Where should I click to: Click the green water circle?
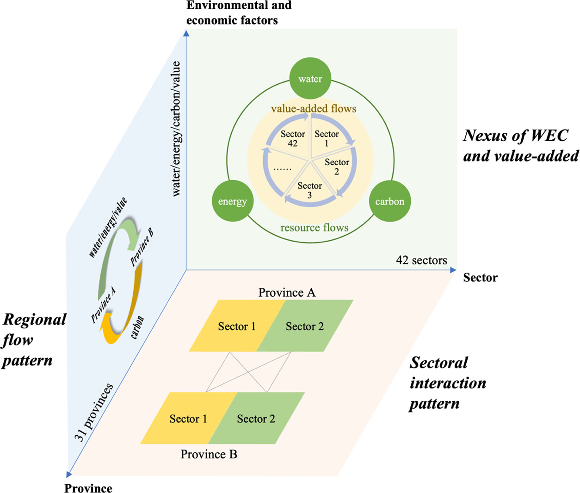tap(310, 79)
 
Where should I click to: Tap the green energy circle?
tap(233, 201)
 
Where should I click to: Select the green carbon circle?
tap(389, 201)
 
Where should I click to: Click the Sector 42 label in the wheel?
tap(293, 138)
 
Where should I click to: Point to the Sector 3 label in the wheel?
tap(309, 190)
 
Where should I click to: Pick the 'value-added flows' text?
tap(314, 109)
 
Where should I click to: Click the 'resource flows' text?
tap(315, 228)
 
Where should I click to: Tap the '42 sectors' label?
tap(421, 261)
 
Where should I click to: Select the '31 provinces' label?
tap(93, 412)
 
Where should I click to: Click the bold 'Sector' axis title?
tap(480, 278)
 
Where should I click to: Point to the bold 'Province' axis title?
tap(88, 488)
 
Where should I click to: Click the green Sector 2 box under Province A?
tap(305, 326)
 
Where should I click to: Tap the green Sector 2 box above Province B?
tap(256, 419)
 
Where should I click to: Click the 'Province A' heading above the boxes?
tap(287, 293)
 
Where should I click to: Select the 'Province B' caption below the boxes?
tap(209, 455)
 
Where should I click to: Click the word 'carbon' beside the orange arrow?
tap(138, 327)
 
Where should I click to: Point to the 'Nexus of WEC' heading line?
tap(516, 136)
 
